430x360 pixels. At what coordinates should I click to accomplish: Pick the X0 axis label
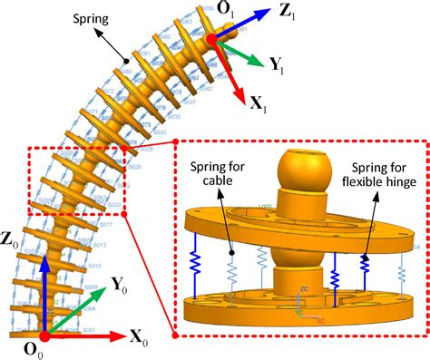tap(140, 342)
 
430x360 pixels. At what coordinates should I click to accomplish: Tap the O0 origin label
tap(40, 352)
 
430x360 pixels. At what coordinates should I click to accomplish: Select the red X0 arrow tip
tap(125, 336)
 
